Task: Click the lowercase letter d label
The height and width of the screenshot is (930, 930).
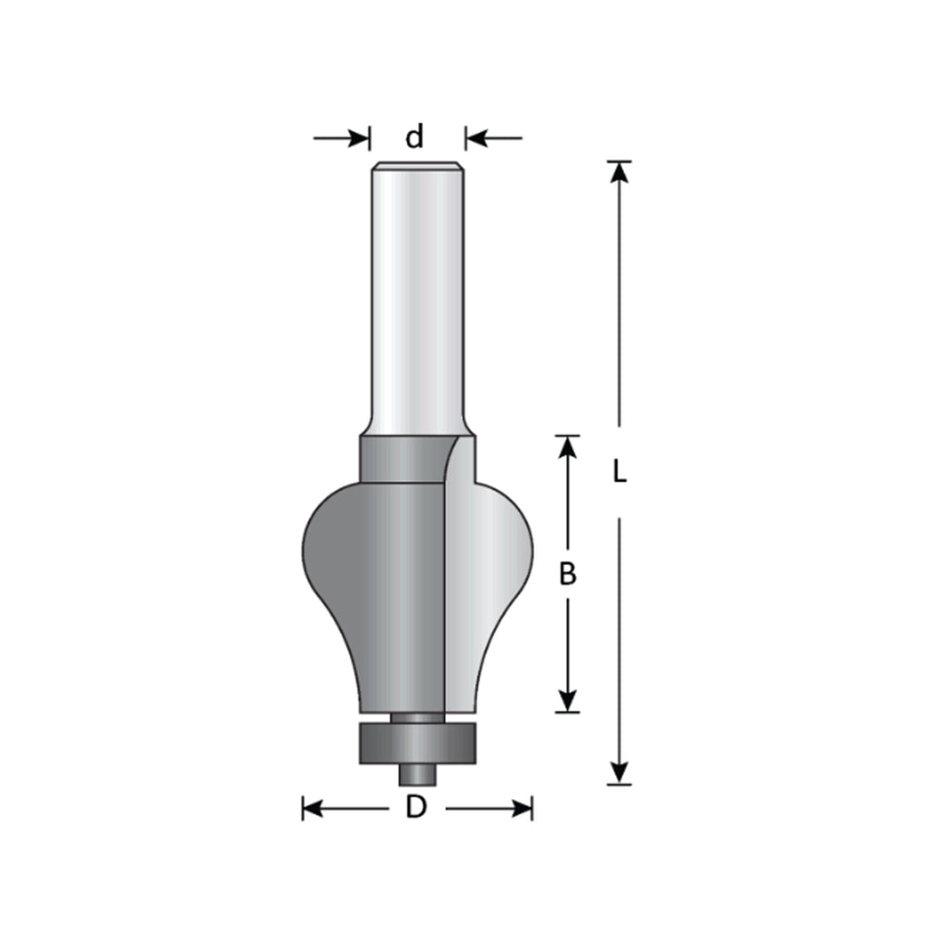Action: click(x=414, y=136)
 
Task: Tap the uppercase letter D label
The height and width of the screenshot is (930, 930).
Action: click(x=416, y=807)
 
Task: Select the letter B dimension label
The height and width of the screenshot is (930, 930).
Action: click(x=568, y=574)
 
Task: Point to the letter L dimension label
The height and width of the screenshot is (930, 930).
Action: click(x=619, y=472)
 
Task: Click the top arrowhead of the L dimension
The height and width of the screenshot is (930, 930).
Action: click(x=619, y=171)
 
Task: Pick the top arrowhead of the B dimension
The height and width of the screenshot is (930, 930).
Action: click(x=568, y=445)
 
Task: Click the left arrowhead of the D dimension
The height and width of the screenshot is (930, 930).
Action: click(x=312, y=807)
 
